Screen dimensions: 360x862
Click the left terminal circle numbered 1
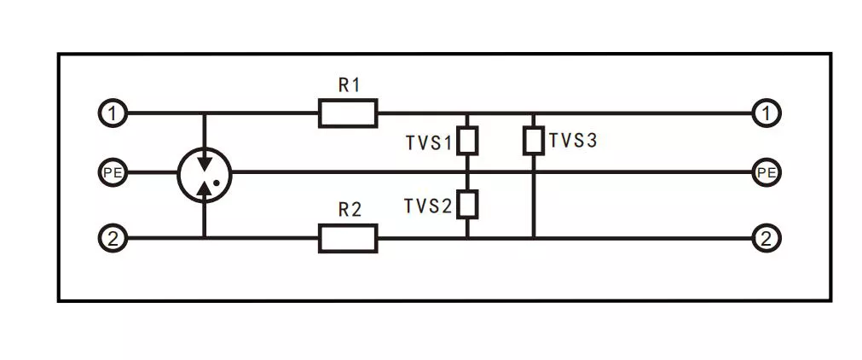pos(113,113)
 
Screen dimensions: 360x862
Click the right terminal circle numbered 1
pos(767,113)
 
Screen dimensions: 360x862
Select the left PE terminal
pos(113,173)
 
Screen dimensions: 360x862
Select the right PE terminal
pos(767,173)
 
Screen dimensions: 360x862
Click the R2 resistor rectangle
pos(348,239)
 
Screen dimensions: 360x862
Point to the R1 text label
pos(349,85)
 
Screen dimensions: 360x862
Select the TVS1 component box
pos(466,141)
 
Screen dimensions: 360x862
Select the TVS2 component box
pos(466,204)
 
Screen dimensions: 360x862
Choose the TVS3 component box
pos(533,141)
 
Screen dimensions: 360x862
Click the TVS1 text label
pos(429,142)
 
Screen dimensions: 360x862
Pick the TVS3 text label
pos(573,141)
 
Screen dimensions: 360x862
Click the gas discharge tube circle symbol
pos(204,173)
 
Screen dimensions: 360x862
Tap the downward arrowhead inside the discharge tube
pos(204,160)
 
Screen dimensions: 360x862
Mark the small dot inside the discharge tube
pos(217,182)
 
